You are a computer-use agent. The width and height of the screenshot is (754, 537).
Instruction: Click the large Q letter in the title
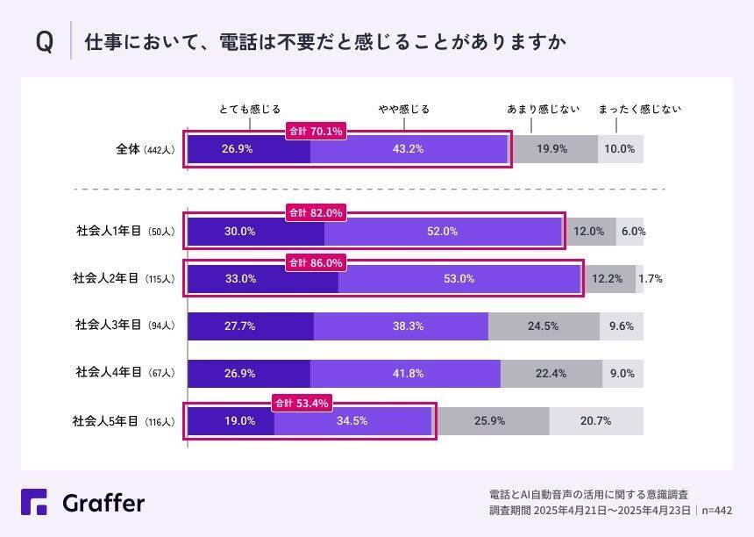44,43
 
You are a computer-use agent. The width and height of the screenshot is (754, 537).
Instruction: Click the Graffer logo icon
35,502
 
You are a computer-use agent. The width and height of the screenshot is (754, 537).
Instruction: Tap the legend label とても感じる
249,110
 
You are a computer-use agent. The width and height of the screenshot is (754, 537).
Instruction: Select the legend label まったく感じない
639,110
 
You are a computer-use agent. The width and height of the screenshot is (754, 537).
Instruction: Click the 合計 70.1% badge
316,132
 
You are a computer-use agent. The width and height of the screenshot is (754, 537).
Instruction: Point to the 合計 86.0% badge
316,262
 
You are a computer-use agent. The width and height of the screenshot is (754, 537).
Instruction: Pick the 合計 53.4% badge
302,404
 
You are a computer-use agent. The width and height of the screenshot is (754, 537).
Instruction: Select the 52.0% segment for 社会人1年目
443,232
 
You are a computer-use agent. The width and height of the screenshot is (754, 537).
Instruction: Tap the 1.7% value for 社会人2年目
651,279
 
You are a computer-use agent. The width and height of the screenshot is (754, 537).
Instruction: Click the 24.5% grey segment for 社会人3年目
544,326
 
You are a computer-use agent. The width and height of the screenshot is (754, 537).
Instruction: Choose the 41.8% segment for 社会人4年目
405,373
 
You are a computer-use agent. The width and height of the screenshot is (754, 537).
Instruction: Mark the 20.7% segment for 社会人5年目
595,420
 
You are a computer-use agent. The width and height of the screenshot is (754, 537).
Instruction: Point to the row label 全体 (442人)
146,149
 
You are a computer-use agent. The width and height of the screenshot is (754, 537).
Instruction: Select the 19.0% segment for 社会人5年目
231,420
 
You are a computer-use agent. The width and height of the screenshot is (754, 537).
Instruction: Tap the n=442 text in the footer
717,509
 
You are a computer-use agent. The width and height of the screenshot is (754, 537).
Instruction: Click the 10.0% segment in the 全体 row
620,149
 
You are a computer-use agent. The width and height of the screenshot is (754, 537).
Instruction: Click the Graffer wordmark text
103,503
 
